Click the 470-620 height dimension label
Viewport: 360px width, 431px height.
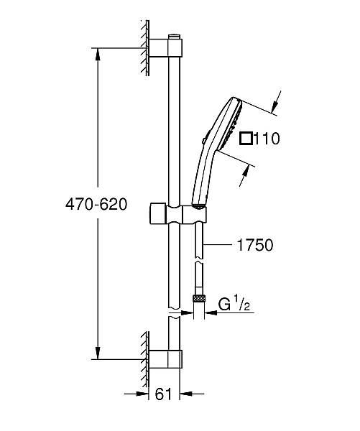click(96, 204)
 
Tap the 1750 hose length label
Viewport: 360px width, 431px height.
click(254, 245)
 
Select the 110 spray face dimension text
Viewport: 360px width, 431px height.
click(265, 139)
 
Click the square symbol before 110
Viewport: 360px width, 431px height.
click(245, 139)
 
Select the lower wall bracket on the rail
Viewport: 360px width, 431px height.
click(170, 358)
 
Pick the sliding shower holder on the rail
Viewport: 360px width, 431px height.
click(183, 213)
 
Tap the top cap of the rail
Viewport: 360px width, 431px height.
click(174, 35)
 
